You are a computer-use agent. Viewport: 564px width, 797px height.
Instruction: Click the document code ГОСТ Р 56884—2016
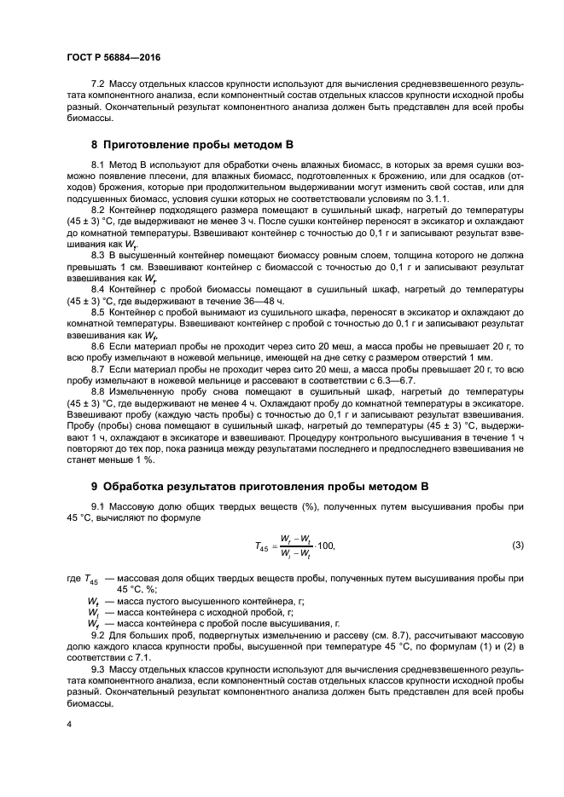point(113,56)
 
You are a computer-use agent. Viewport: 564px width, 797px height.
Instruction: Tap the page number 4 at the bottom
point(69,724)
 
